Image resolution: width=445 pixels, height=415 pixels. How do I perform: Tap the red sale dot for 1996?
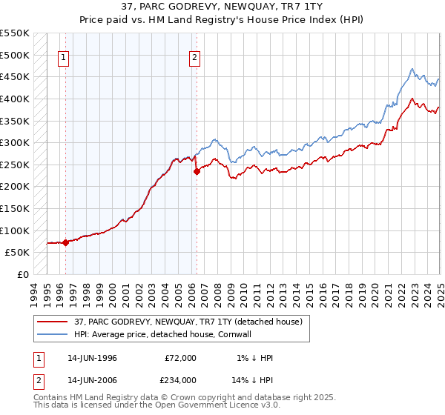coord(65,242)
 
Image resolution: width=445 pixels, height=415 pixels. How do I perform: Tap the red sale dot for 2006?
coord(197,171)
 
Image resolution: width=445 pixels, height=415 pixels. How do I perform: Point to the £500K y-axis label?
coord(15,55)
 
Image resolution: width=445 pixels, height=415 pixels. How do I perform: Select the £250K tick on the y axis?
coord(15,165)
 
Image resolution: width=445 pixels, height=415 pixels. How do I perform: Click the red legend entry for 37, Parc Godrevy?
coord(188,322)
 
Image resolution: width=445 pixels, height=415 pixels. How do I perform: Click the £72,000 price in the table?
coord(180,358)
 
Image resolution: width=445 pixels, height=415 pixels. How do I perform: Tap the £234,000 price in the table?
coord(180,379)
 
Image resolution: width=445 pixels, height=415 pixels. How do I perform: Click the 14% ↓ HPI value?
coord(252,379)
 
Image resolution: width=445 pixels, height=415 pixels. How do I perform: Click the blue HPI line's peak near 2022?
coord(412,69)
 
